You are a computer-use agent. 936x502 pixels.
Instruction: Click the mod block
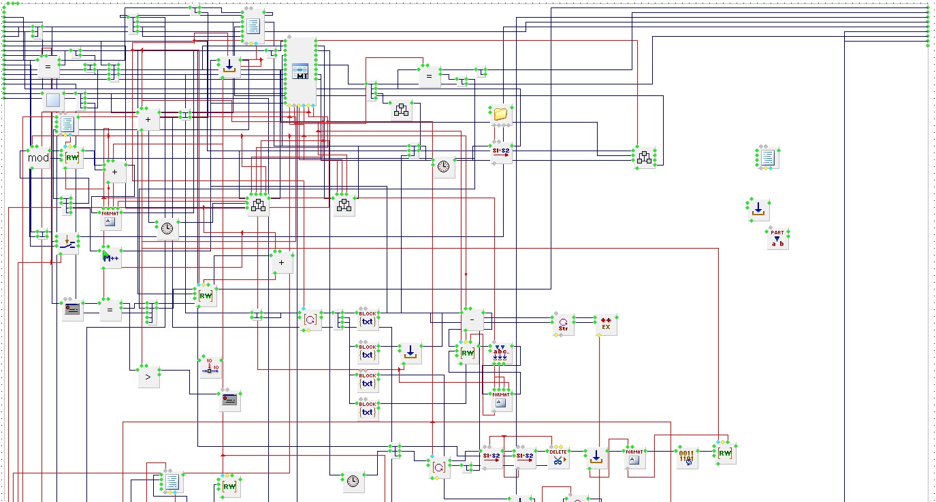pyautogui.click(x=39, y=158)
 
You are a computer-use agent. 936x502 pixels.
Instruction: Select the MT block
pyautogui.click(x=301, y=72)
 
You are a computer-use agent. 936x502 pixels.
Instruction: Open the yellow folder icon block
pyautogui.click(x=501, y=114)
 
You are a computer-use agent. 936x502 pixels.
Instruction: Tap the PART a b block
pyautogui.click(x=777, y=238)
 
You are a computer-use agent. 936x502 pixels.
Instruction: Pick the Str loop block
pyautogui.click(x=563, y=325)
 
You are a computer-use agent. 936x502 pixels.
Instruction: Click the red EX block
pyautogui.click(x=604, y=325)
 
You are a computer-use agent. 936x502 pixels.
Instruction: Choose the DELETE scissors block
pyautogui.click(x=558, y=457)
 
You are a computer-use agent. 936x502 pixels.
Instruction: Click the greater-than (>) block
pyautogui.click(x=148, y=377)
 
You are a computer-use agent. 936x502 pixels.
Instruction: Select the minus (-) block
pyautogui.click(x=472, y=319)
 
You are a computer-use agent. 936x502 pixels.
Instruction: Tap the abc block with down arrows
pyautogui.click(x=501, y=353)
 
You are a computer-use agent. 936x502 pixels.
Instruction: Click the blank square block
pyautogui.click(x=52, y=101)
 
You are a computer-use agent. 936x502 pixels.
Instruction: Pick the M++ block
pyautogui.click(x=110, y=257)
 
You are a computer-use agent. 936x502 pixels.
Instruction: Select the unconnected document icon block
pyautogui.click(x=767, y=158)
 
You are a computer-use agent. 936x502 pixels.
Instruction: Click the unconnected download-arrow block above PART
pyautogui.click(x=758, y=210)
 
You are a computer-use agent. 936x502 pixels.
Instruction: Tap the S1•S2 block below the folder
pyautogui.click(x=500, y=153)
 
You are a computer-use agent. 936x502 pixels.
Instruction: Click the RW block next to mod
pyautogui.click(x=71, y=157)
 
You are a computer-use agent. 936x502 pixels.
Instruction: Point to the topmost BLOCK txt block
pyautogui.click(x=368, y=319)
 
